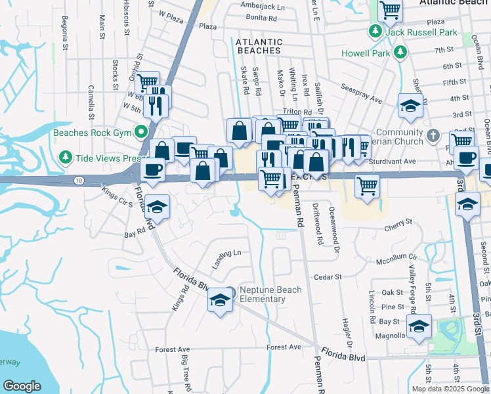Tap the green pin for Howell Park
(x=398, y=53)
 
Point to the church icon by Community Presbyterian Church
(x=432, y=136)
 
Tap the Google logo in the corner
(x=22, y=386)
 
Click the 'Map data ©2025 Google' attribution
(x=450, y=389)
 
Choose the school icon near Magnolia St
(x=419, y=326)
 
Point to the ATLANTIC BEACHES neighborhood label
(x=259, y=46)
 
